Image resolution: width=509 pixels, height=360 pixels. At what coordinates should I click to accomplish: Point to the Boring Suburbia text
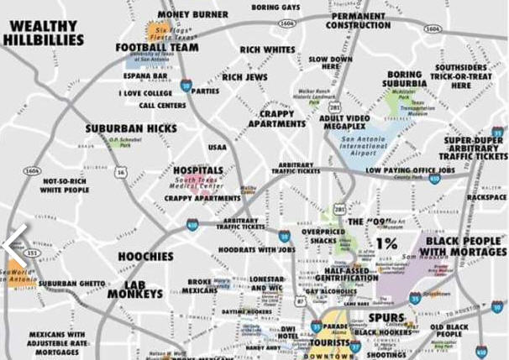(405, 80)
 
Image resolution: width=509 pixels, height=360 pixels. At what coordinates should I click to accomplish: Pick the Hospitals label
(198, 170)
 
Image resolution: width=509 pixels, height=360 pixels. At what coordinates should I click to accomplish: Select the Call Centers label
(162, 106)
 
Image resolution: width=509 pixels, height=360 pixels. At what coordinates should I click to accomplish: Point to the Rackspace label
(486, 197)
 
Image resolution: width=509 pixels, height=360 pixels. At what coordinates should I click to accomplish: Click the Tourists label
(329, 343)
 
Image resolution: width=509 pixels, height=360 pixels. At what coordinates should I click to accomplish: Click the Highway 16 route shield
(122, 172)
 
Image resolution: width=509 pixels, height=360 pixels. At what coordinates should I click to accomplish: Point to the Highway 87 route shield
(301, 299)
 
